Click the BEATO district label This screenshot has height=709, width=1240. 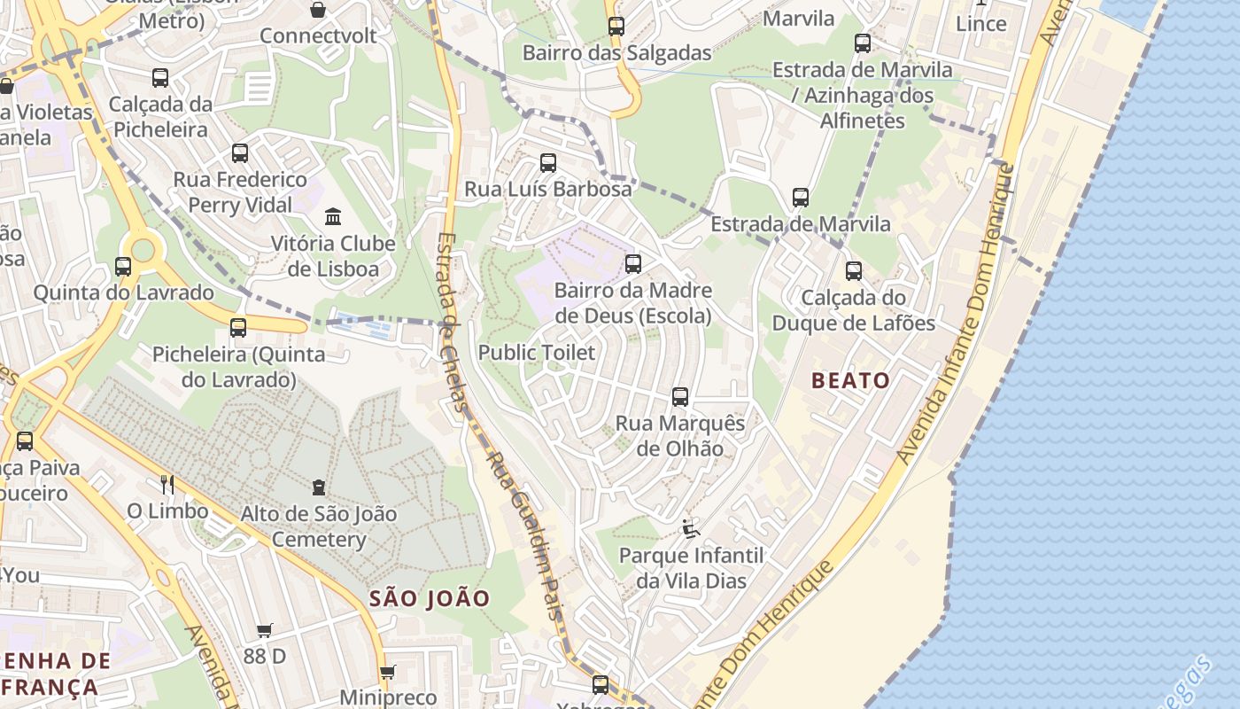click(851, 381)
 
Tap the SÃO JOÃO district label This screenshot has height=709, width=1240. click(430, 598)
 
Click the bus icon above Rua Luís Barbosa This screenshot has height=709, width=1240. click(548, 163)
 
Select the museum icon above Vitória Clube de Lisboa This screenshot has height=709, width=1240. click(333, 216)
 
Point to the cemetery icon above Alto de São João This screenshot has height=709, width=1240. click(319, 487)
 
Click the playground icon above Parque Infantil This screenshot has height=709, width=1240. click(691, 529)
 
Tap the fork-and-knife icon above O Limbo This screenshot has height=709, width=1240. click(167, 484)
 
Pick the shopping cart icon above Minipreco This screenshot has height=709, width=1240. click(387, 672)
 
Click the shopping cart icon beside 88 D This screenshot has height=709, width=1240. click(264, 630)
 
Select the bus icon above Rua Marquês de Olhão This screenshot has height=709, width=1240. click(680, 397)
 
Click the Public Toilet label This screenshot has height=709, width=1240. click(537, 353)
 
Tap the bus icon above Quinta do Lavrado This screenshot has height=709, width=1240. click(123, 266)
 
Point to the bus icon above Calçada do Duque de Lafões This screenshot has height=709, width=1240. click(854, 271)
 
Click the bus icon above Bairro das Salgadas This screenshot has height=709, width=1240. click(616, 27)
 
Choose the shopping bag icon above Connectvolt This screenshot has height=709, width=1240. click(318, 10)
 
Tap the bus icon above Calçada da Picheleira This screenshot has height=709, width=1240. click(160, 78)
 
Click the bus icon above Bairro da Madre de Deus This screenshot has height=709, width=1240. click(633, 263)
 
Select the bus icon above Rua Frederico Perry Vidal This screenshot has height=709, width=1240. click(240, 153)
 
